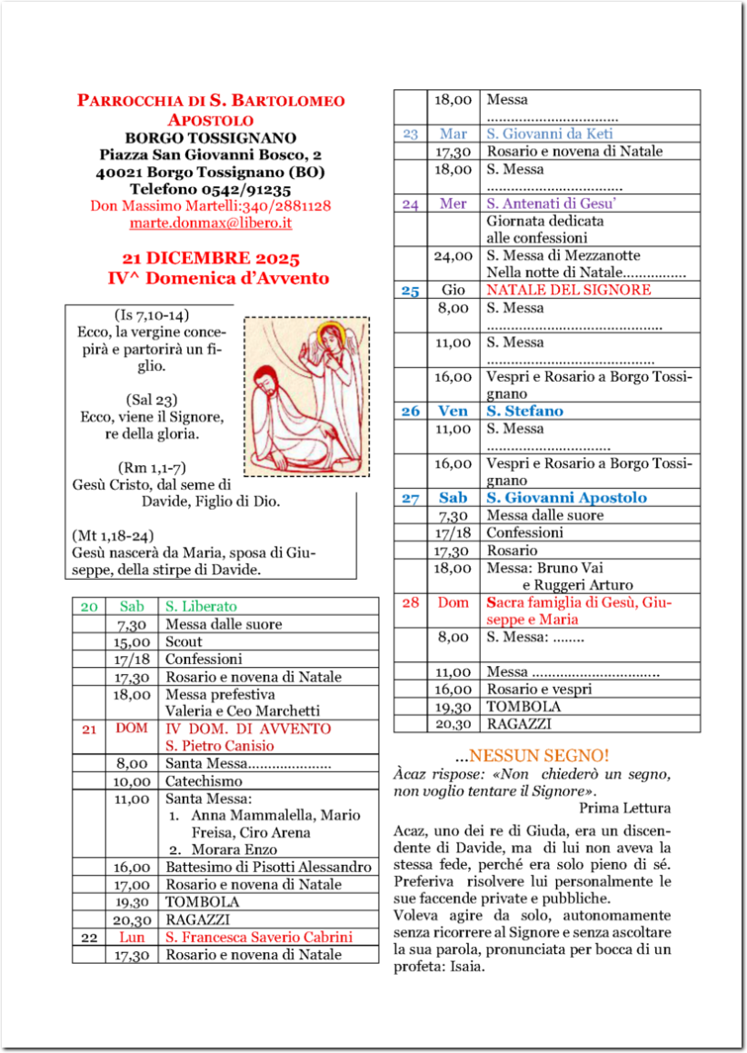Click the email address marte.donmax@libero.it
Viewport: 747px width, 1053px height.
pos(211,223)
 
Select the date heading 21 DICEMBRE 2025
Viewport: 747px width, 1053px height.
pos(210,260)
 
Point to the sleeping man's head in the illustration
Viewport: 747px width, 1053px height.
pos(266,381)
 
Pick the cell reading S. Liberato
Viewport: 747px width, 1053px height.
pos(201,606)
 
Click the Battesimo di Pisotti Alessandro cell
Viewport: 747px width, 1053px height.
pos(268,867)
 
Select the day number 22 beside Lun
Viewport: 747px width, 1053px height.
pos(89,937)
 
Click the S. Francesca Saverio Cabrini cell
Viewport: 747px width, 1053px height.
pos(258,937)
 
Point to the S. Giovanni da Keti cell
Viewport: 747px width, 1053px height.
pos(549,134)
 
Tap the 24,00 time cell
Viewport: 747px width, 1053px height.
pos(453,256)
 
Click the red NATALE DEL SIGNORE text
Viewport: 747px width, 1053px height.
pos(568,290)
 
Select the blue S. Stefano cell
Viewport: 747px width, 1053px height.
pos(524,411)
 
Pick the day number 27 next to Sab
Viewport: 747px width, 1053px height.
pos(410,498)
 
